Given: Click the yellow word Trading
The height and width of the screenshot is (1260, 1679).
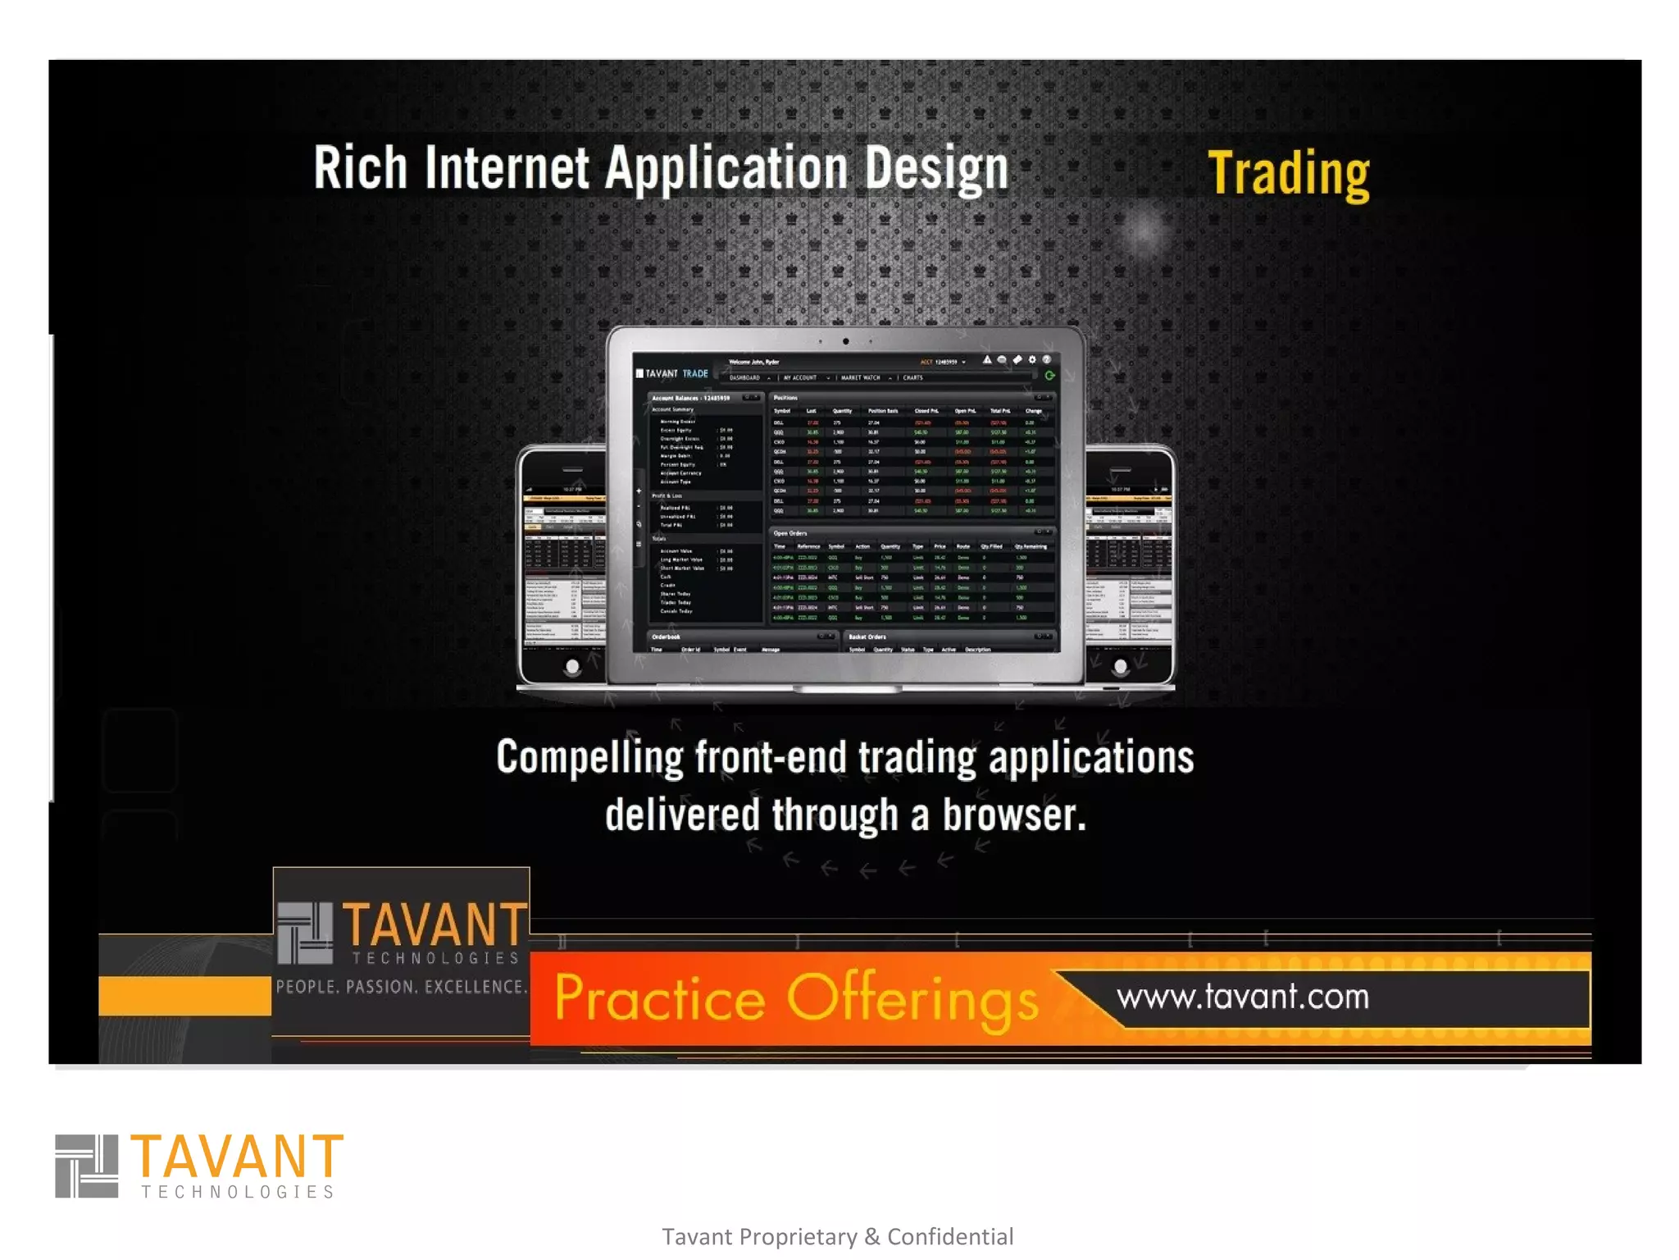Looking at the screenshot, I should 1288,173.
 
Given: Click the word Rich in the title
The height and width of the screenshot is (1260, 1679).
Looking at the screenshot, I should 360,168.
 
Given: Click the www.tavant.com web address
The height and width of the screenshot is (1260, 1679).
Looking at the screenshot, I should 1242,997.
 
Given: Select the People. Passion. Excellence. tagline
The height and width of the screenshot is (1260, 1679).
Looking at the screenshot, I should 400,987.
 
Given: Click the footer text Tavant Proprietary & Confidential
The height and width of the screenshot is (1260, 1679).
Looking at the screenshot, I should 837,1236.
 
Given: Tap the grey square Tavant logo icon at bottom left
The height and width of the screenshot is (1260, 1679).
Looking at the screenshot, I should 86,1166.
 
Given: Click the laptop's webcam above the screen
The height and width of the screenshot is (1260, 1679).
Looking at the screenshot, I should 845,341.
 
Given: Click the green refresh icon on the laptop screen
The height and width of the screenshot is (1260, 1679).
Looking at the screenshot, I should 1049,376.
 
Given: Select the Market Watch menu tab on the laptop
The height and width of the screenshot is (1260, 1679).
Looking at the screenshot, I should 861,378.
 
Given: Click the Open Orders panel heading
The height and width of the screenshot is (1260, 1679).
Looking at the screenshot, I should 790,533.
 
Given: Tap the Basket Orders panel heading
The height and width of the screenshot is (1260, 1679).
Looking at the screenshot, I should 867,637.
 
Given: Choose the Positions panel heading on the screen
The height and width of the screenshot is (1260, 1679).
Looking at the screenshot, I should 785,398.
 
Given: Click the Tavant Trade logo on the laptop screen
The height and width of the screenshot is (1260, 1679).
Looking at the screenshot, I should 672,373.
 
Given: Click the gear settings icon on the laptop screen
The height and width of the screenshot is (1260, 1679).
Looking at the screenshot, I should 1032,359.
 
